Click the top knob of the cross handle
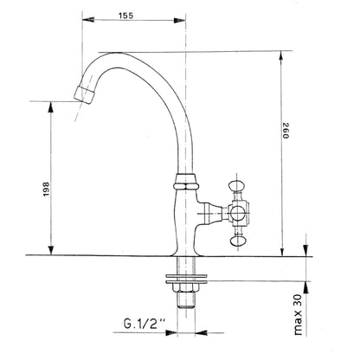237,184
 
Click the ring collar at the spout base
187,183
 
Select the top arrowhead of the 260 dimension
281,54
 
